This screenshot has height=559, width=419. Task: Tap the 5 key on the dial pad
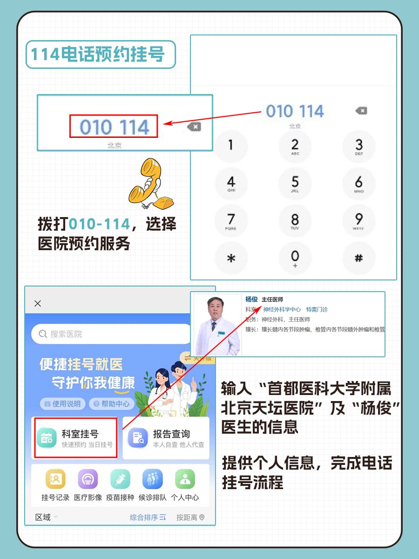[x=295, y=183]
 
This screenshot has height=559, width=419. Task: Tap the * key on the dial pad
[x=231, y=259]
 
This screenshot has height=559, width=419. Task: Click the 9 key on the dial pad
[x=358, y=220]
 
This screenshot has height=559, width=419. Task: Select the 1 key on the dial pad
[x=231, y=145]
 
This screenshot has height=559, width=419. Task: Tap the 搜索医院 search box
[x=112, y=334]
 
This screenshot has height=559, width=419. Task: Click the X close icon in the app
[x=38, y=304]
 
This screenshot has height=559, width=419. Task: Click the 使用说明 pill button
[x=62, y=404]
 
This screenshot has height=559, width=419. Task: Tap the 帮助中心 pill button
[x=112, y=404]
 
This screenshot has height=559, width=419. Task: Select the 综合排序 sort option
[x=148, y=518]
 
